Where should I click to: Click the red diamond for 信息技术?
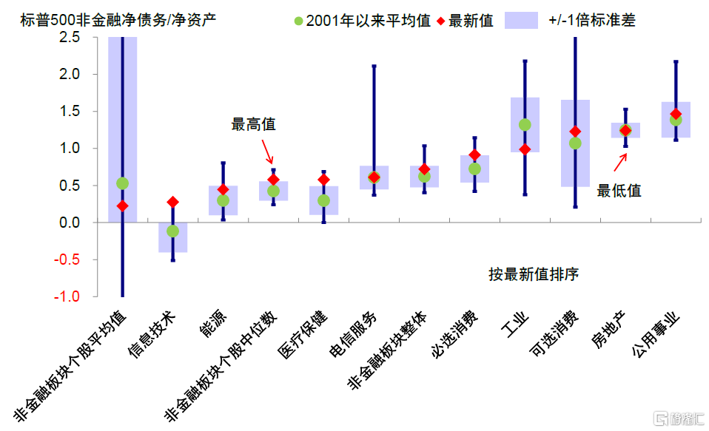point(172,202)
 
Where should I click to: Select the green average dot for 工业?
point(525,125)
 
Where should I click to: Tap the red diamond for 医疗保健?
point(323,180)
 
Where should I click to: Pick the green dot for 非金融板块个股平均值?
point(122,183)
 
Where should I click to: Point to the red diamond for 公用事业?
point(676,115)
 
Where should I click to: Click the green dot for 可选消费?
point(575,143)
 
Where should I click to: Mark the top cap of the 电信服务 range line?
point(374,66)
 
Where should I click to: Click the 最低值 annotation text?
point(619,191)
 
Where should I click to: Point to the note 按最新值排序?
point(533,274)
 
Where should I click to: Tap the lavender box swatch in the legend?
point(521,20)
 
